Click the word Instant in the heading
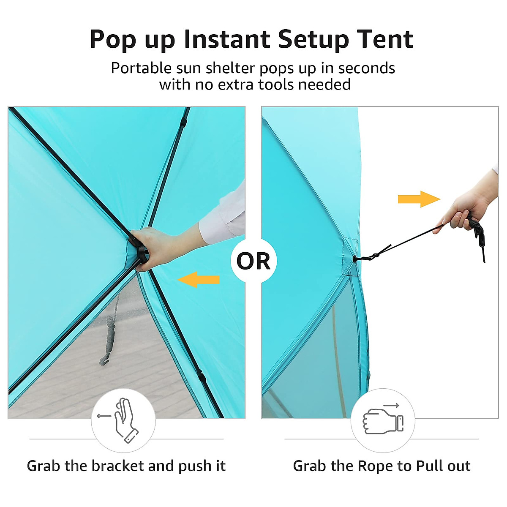[x=227, y=39]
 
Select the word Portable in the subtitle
[x=141, y=68]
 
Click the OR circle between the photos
[x=253, y=261]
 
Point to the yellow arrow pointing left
[x=199, y=280]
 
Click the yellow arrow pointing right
[x=419, y=199]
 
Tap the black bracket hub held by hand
[x=139, y=251]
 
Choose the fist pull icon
[x=382, y=421]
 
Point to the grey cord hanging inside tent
[x=109, y=338]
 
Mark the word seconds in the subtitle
[x=366, y=68]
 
